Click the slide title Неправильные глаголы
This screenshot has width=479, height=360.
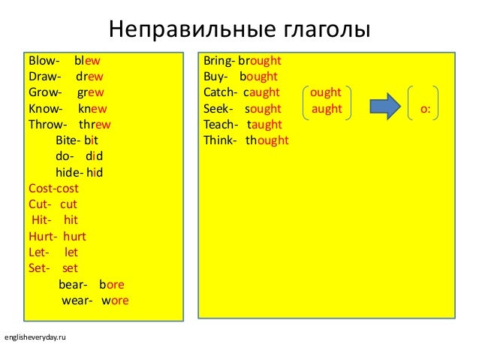239,30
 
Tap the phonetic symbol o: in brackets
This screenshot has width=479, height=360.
425,109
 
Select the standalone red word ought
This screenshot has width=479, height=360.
325,92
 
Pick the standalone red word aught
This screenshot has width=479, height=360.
326,109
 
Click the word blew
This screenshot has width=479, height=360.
87,60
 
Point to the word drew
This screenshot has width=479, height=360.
89,77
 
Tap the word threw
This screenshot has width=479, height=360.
95,125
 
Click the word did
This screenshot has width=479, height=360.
94,156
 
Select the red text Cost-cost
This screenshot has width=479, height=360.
53,188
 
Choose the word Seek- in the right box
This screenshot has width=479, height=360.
218,109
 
